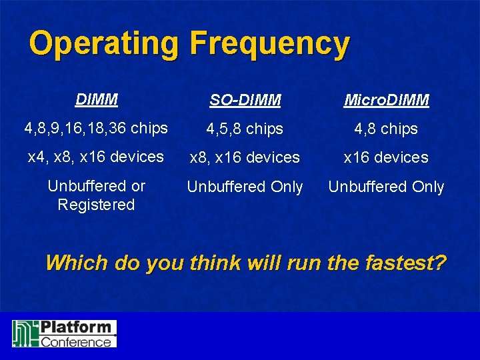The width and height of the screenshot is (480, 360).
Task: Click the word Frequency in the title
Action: tap(269, 44)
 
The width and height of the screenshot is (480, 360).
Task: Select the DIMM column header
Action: tap(97, 100)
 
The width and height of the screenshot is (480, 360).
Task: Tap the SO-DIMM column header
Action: tap(245, 101)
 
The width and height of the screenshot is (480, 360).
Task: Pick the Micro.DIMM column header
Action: tap(387, 101)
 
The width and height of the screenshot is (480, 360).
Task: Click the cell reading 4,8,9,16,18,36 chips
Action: tap(96, 128)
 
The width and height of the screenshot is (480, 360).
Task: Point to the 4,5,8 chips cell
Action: tap(245, 129)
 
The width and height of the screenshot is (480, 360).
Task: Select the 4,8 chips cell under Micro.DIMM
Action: tap(387, 129)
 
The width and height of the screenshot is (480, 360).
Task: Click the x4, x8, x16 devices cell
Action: tap(96, 157)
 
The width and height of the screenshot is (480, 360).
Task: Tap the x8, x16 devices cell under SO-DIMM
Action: tap(245, 158)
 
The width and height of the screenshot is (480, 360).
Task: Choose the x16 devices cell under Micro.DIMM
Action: tap(387, 158)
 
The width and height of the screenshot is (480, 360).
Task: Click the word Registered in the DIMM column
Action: tap(96, 205)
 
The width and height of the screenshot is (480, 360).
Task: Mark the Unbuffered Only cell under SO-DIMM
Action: tap(245, 187)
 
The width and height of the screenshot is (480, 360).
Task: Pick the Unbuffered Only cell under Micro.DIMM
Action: tap(387, 187)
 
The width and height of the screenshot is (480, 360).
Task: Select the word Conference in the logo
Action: tap(75, 341)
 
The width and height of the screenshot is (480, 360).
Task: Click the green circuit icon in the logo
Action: tap(25, 333)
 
